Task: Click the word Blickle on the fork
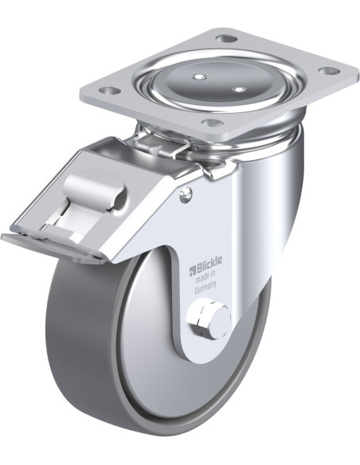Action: (208, 268)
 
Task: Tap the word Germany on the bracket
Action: (205, 291)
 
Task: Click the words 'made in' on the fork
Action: (205, 279)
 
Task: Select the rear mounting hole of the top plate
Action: (226, 38)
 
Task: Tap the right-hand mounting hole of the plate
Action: (329, 71)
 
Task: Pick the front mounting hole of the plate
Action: (211, 122)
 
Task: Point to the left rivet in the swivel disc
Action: (199, 76)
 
